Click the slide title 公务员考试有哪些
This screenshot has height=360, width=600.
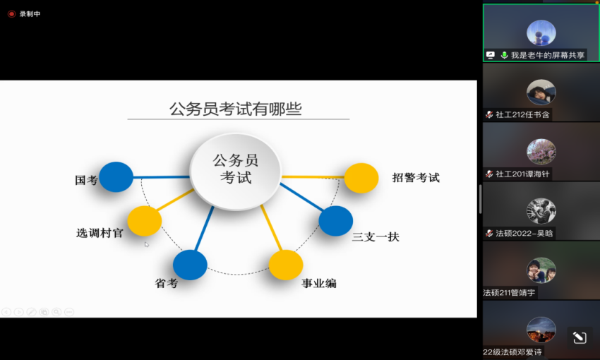pos(236,109)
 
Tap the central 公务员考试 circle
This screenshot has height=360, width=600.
pos(236,171)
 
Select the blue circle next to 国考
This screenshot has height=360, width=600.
pos(116,176)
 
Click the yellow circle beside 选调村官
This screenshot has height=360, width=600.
pos(144,221)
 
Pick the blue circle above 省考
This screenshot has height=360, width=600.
pos(190,265)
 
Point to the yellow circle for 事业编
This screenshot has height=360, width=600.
pos(286,265)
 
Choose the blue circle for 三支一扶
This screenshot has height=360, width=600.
pos(335,221)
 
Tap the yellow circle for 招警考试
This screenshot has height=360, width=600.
pos(361,178)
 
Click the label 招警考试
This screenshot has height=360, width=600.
pos(416,177)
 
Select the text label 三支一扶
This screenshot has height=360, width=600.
pos(376,236)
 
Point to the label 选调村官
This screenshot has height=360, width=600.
pos(100,233)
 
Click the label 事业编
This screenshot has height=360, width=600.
pos(319,283)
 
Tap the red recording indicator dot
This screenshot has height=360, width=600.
pos(11,14)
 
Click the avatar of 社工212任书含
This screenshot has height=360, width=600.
pos(541,92)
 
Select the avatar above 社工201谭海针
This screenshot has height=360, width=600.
pos(541,152)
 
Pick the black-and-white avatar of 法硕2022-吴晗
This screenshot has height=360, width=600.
pos(541,211)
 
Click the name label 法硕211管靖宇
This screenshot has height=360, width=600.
pos(509,293)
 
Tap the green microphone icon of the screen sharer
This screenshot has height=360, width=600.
pos(504,55)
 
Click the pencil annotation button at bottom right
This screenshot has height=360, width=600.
pos(580,337)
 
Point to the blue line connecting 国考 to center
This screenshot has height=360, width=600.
pos(161,177)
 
